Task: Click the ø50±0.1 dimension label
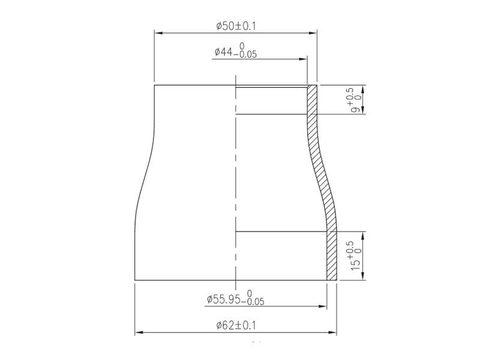point(236,26)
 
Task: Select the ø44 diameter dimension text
point(236,50)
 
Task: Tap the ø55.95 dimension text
point(235,298)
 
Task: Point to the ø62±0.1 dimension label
point(236,325)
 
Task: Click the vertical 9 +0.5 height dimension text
point(356,100)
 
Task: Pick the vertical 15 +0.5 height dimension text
point(356,256)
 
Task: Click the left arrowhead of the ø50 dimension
point(158,33)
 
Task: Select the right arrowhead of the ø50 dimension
point(313,33)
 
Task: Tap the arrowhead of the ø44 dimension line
point(303,59)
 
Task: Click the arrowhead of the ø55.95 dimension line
point(323,306)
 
